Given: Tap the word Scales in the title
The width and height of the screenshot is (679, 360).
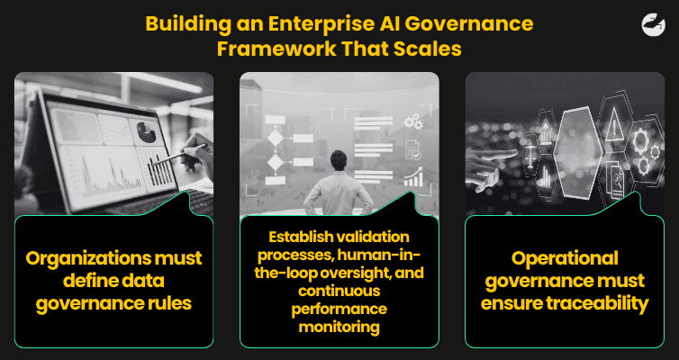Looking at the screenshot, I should pyautogui.click(x=429, y=49).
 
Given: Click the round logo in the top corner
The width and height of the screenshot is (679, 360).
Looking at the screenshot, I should pyautogui.click(x=645, y=25).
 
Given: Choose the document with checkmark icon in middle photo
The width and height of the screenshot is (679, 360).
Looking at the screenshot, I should pyautogui.click(x=413, y=148).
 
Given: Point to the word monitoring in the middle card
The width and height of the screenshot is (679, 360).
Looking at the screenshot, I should pyautogui.click(x=339, y=327).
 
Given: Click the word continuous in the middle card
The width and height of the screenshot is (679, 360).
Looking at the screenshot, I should pyautogui.click(x=339, y=291).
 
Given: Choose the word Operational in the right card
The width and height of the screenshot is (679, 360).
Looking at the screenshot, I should pyautogui.click(x=565, y=258).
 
